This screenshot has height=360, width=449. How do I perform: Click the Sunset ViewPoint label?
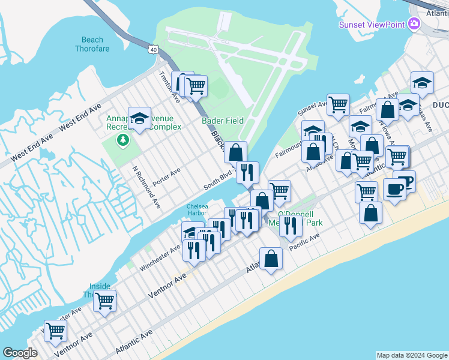pos(372,25)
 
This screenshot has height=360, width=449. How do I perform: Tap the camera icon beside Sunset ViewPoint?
pos(413,24)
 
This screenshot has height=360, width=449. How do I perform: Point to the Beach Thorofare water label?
pos(92,44)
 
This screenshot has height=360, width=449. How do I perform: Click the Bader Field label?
pos(223,121)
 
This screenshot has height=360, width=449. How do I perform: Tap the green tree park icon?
pos(124,140)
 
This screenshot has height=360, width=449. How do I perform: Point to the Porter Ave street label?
pos(166,176)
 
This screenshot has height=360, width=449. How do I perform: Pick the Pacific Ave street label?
pos(304,242)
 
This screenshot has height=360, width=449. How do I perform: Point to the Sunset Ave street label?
pos(313,109)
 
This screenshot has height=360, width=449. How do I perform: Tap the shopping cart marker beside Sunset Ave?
pos(339,104)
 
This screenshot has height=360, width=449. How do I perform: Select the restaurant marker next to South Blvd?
pos(247,172)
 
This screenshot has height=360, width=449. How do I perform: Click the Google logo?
pos(20,353)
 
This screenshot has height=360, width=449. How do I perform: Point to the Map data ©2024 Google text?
pos(411,355)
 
